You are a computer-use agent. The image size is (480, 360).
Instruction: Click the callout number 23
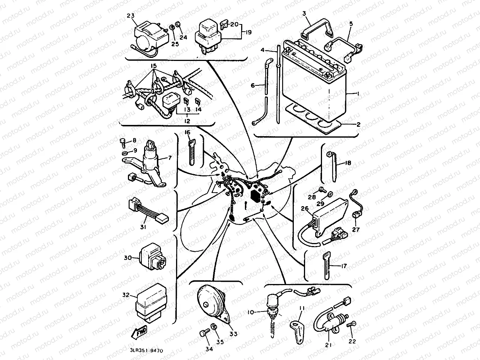(131, 16)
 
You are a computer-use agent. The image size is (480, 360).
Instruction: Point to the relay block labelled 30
(150, 258)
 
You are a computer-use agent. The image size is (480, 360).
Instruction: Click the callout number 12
(187, 121)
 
